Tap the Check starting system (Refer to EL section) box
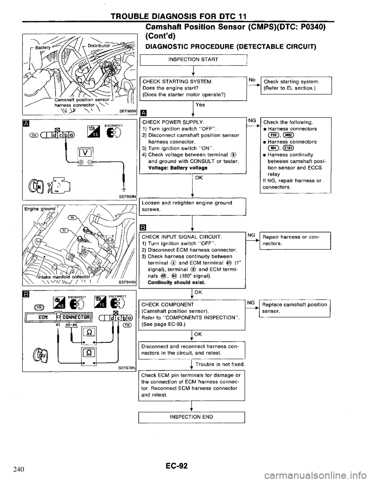(296, 85)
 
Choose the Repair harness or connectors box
(294, 240)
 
